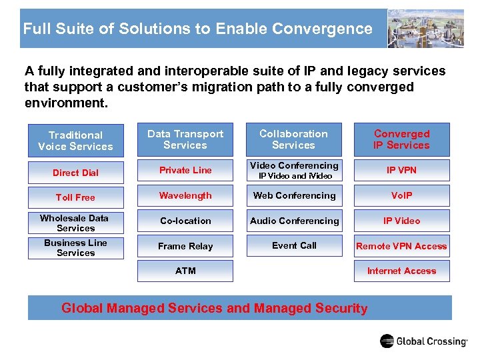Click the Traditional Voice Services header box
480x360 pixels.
[75, 141]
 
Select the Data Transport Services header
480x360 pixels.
[185, 139]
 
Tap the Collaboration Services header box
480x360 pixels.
[293, 139]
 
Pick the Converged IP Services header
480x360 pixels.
[401, 139]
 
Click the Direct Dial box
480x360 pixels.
[75, 173]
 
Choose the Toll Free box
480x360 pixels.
[75, 197]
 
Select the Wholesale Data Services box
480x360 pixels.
[75, 223]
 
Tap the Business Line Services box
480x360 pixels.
[75, 247]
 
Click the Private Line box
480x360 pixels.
[185, 171]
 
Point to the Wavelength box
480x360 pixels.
[185, 196]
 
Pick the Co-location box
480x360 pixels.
[185, 221]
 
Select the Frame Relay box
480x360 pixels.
[185, 246]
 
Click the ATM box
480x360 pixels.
[185, 271]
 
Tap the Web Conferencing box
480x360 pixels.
[294, 196]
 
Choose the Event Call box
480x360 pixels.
[294, 245]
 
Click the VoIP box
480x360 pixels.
[401, 196]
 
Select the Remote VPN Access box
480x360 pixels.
[401, 246]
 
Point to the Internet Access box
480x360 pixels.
[401, 271]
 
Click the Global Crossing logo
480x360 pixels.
[423, 341]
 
